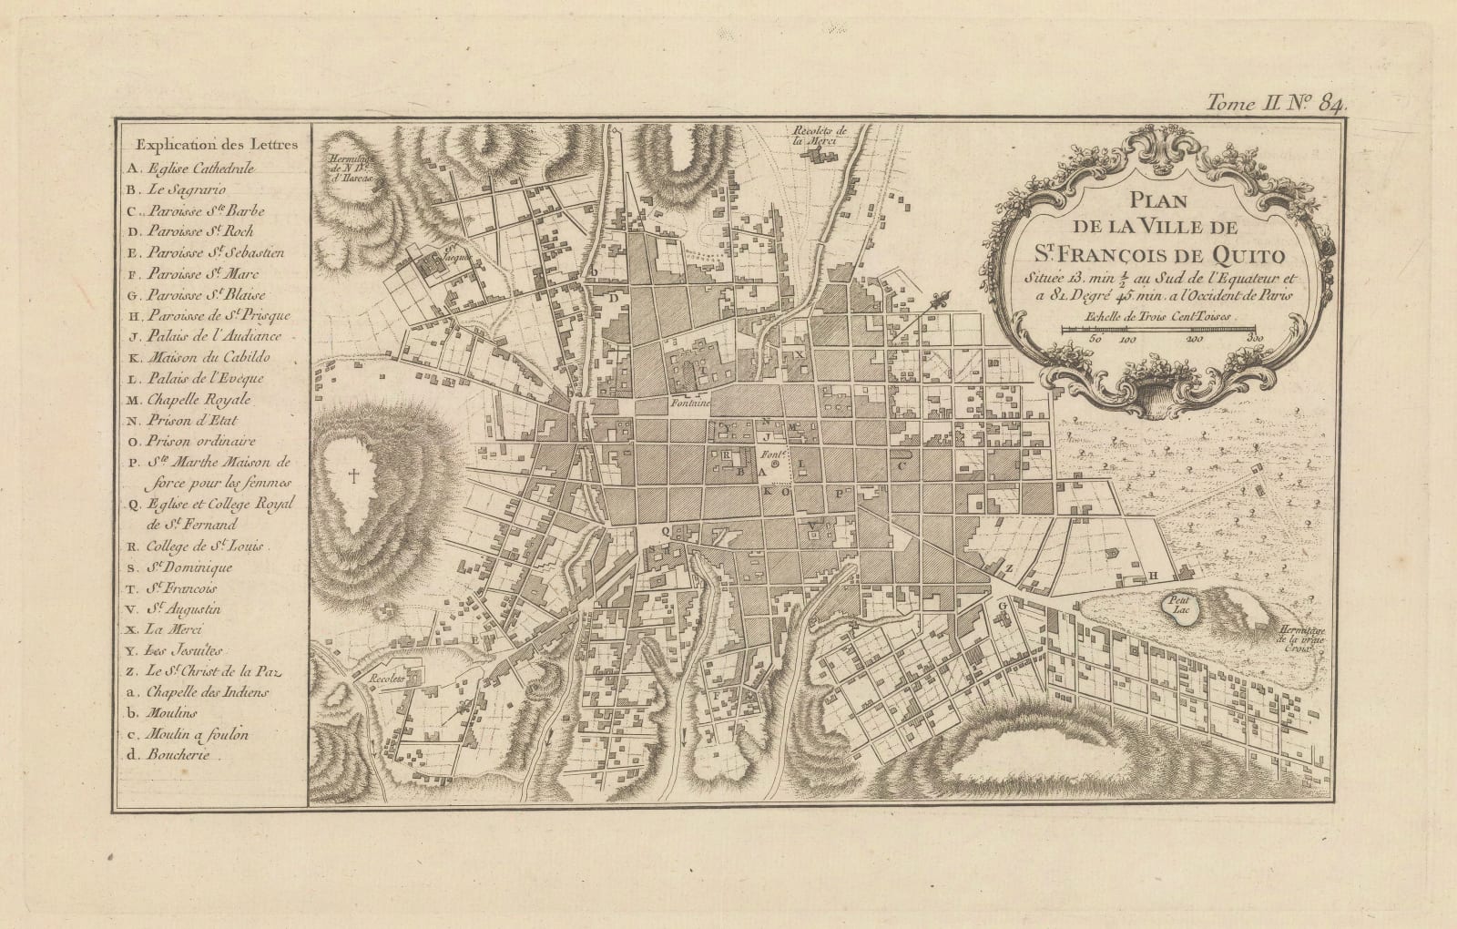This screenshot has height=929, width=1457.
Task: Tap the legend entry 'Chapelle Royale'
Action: [190, 399]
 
